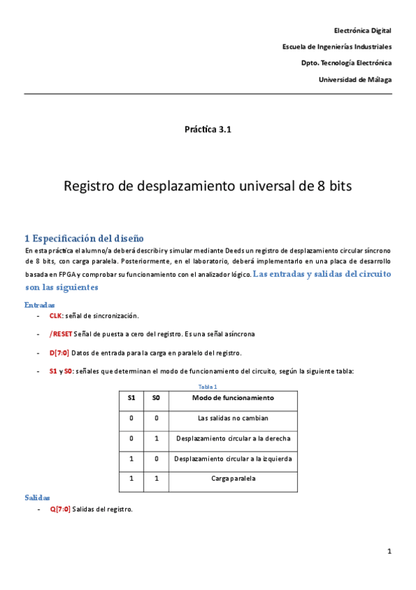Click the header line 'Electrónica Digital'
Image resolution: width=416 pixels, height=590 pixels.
pyautogui.click(x=363, y=31)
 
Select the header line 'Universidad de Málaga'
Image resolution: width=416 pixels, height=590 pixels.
pyautogui.click(x=354, y=79)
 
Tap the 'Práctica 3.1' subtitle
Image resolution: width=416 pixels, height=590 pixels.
pyautogui.click(x=207, y=129)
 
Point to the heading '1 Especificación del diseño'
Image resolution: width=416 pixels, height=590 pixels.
pyautogui.click(x=84, y=238)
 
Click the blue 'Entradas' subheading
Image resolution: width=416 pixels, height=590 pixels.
pyautogui.click(x=40, y=305)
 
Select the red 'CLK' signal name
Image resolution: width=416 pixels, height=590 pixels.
pyautogui.click(x=56, y=315)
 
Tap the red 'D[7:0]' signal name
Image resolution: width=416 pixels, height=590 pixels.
pyautogui.click(x=59, y=353)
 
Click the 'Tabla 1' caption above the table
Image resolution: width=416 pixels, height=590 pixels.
pyautogui.click(x=208, y=386)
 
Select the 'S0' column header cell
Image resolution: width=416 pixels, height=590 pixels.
pyautogui.click(x=156, y=399)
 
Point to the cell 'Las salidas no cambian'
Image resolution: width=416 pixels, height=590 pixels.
pyautogui.click(x=233, y=418)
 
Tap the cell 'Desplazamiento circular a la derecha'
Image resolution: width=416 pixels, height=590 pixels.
pyautogui.click(x=233, y=438)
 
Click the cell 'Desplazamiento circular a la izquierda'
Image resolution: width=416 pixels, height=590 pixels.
pyautogui.click(x=233, y=459)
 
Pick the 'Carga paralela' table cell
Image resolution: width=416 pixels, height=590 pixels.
pyautogui.click(x=233, y=479)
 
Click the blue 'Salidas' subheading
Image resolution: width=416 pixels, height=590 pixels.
pyautogui.click(x=38, y=498)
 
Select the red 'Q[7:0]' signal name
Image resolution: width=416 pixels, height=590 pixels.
pyautogui.click(x=59, y=509)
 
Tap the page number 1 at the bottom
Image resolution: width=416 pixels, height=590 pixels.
pyautogui.click(x=390, y=552)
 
